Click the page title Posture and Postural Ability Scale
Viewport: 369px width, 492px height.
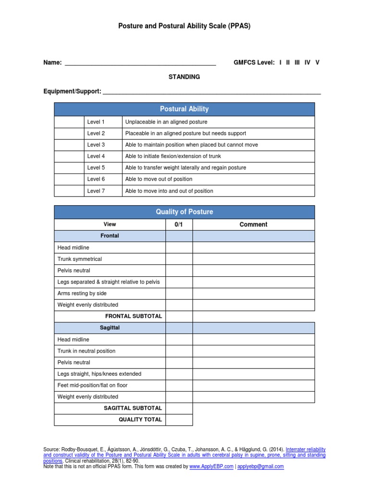[x=184, y=26]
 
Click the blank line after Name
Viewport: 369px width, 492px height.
[x=140, y=63]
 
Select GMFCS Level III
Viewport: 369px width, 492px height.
[x=297, y=62]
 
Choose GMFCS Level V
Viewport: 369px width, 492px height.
[x=317, y=62]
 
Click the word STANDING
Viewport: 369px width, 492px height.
[x=184, y=77]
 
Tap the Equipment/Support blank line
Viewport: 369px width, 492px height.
[x=212, y=92]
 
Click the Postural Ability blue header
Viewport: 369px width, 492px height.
[x=184, y=109]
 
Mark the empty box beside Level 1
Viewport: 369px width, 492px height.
[x=69, y=122]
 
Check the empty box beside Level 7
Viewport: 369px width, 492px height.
[x=69, y=191]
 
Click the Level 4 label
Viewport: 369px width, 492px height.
[x=96, y=156]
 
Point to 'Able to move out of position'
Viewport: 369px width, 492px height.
[x=159, y=179]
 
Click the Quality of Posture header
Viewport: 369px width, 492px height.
[x=184, y=212]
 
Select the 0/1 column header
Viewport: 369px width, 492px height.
[x=179, y=224]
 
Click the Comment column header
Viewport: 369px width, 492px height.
[x=253, y=224]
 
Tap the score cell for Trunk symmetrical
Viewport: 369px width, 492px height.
[x=179, y=259]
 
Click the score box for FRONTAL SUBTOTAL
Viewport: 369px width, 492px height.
[x=179, y=316]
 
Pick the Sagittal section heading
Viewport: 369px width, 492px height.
[x=110, y=328]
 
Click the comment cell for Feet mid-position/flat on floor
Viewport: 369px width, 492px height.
[x=254, y=385]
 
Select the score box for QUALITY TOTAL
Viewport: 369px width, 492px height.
[x=179, y=419]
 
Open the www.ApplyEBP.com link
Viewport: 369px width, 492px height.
[x=211, y=467]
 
